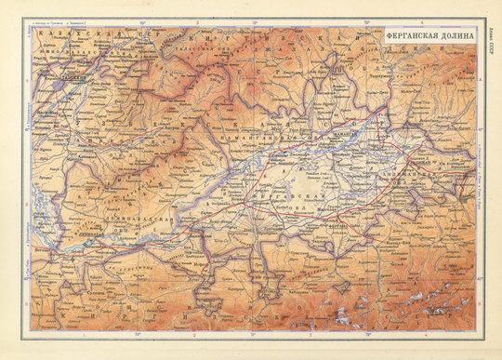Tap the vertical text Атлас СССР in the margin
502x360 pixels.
[x=490, y=42]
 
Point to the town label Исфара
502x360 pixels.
[x=212, y=264]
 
